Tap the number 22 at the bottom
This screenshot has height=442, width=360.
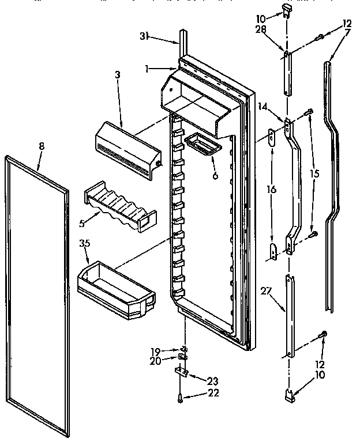click(198, 394)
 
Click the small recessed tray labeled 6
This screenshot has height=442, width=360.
click(201, 143)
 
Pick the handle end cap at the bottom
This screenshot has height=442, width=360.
click(291, 395)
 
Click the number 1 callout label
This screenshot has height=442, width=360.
click(148, 68)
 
